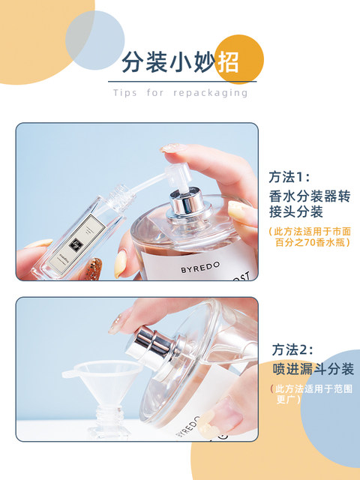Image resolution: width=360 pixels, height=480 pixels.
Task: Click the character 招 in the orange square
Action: coord(228,60)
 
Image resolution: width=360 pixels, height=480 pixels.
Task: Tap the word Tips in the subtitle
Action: coord(125,93)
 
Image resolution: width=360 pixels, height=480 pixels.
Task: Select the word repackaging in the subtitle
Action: coord(209,93)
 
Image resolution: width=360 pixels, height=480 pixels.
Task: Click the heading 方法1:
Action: coord(289,178)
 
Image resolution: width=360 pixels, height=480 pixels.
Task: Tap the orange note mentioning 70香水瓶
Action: coord(309,236)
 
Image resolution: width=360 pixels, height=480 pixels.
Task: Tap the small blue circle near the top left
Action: coord(94,40)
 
